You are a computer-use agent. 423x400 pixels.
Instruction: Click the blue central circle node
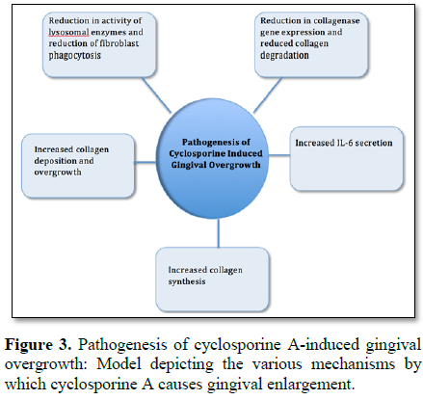click(x=213, y=159)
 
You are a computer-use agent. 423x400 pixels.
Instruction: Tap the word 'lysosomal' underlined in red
click(x=68, y=32)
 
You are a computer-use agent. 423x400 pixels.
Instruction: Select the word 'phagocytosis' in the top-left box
click(x=74, y=56)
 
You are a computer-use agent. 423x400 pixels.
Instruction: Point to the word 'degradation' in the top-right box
click(x=284, y=55)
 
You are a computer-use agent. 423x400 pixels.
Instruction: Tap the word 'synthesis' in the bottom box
click(x=187, y=281)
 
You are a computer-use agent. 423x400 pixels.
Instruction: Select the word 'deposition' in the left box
click(x=54, y=161)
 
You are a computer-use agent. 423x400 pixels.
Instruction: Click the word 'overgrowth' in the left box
click(x=58, y=173)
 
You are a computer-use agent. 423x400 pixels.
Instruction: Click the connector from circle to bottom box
click(x=219, y=233)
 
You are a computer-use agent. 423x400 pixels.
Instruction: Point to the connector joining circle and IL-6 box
click(x=279, y=155)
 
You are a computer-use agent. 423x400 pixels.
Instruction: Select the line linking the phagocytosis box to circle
click(x=156, y=95)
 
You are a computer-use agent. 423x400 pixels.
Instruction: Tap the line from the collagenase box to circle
click(x=268, y=95)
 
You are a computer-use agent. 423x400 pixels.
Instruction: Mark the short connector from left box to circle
click(x=145, y=162)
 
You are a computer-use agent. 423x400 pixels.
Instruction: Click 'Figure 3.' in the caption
click(x=38, y=345)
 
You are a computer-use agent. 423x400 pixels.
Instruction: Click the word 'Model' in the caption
click(x=119, y=364)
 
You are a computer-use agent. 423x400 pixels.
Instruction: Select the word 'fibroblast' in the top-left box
click(x=119, y=43)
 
